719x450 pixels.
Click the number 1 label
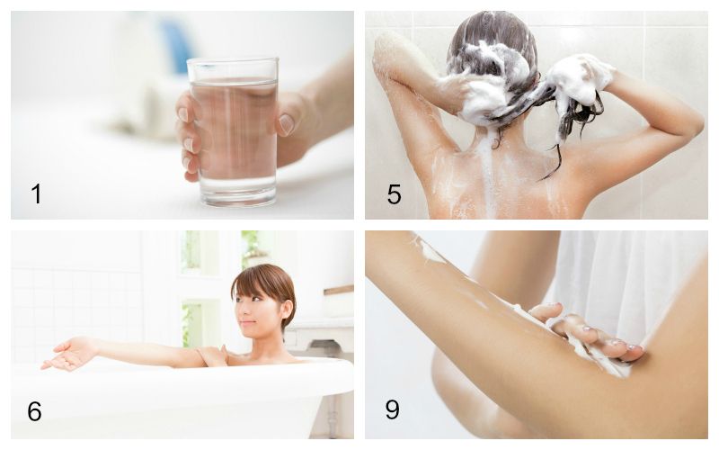tap(36, 193)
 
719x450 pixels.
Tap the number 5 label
tap(394, 193)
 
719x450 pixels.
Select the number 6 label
tap(34, 410)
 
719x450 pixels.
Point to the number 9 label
tap(393, 410)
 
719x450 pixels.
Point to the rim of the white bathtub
tap(180, 374)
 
